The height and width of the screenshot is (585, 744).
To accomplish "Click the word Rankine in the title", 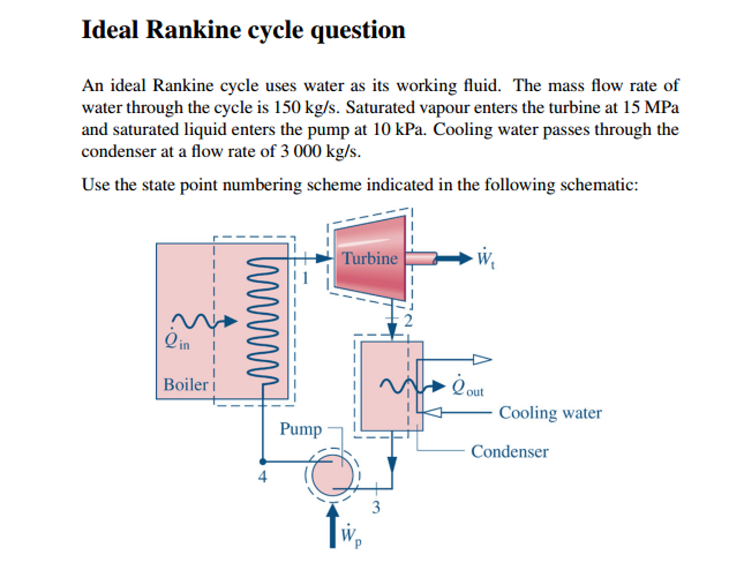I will pyautogui.click(x=193, y=30).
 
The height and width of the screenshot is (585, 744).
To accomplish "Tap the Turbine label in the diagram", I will pyautogui.click(x=370, y=259).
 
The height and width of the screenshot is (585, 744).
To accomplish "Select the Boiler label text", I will pyautogui.click(x=185, y=385).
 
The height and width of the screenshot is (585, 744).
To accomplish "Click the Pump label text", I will pyautogui.click(x=301, y=429).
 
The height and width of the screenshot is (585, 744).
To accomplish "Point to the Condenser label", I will pyautogui.click(x=509, y=452).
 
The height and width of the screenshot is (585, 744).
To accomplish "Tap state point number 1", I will pyautogui.click(x=305, y=279).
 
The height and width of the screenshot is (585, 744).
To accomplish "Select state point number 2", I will pyautogui.click(x=408, y=321).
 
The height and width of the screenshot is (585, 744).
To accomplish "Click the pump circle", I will pyautogui.click(x=332, y=475).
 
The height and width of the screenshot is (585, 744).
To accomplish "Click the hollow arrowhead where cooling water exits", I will pyautogui.click(x=482, y=360).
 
